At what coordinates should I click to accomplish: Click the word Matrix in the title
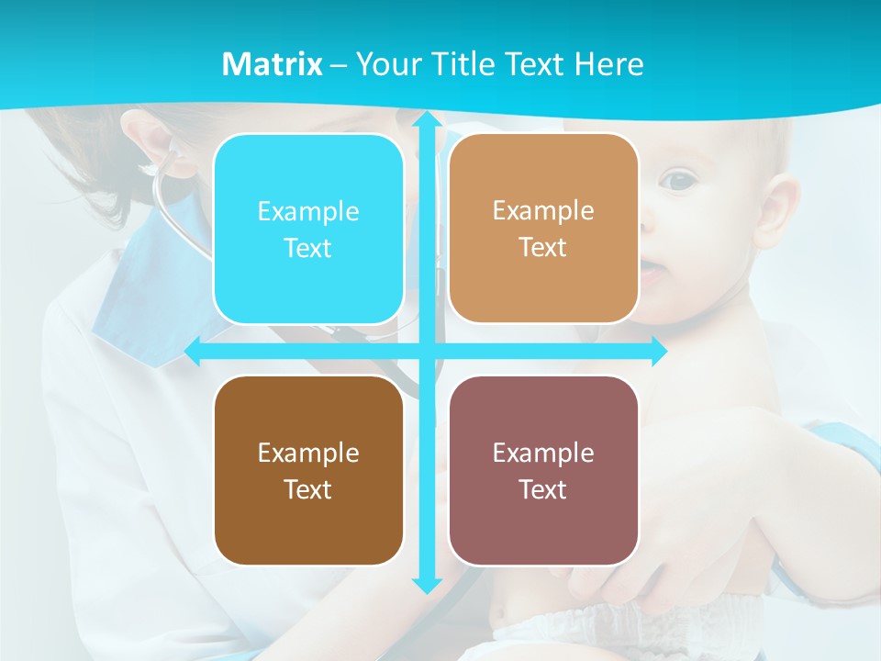click(x=272, y=64)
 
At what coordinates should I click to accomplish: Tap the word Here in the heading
click(x=608, y=64)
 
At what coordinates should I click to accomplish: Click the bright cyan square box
click(x=308, y=229)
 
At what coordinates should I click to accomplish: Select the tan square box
click(x=543, y=229)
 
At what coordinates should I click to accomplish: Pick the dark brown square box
click(x=308, y=470)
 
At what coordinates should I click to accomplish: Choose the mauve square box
click(x=543, y=470)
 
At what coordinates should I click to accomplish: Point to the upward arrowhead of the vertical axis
click(x=426, y=119)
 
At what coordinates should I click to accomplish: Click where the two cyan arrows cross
click(x=426, y=352)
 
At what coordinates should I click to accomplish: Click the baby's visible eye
click(x=678, y=181)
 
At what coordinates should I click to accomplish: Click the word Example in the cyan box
click(x=308, y=211)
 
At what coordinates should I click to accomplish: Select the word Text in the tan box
click(x=543, y=248)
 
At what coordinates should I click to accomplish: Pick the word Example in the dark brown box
click(x=308, y=453)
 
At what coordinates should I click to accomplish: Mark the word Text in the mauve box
click(x=543, y=489)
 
